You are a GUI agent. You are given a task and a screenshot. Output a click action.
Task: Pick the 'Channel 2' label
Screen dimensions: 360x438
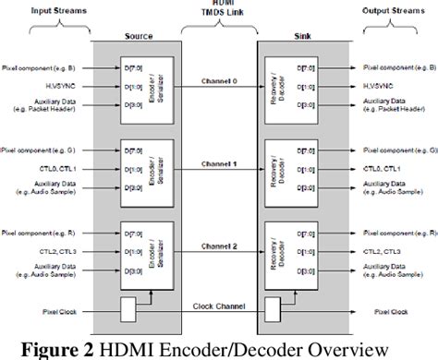coord(219,247)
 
